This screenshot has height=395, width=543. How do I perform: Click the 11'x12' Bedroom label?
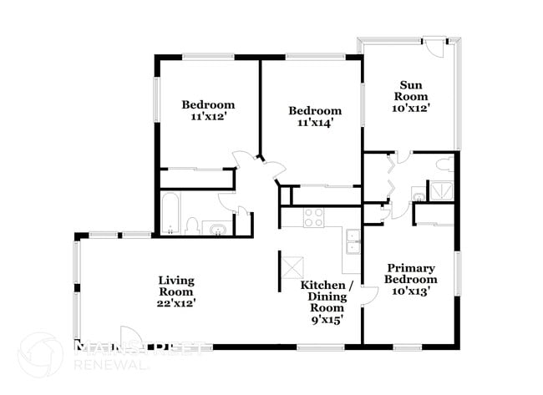tap(208, 111)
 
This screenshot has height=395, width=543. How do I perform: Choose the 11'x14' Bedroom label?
tap(315, 117)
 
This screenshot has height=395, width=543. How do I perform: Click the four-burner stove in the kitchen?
tap(313, 218)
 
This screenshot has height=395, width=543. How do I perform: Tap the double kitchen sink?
tap(353, 241)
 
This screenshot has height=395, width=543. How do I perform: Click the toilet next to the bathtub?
tap(192, 225)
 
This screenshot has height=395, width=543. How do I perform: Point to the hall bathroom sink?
tap(216, 226)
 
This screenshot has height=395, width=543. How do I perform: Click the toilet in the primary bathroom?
tap(419, 198)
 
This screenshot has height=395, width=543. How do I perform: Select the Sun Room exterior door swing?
tap(434, 47)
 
